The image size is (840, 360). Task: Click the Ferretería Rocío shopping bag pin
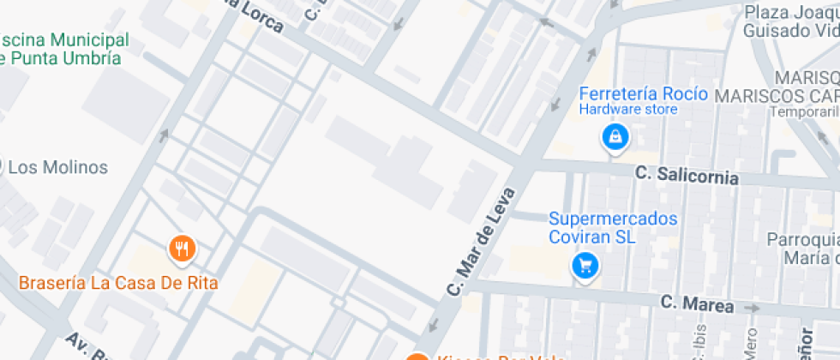pos(615,136)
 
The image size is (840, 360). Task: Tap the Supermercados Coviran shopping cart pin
pos(585,266)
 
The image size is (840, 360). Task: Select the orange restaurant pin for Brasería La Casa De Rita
pos(182,249)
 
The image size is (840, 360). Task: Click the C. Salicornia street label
pos(687,176)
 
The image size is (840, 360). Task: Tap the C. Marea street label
pos(697,303)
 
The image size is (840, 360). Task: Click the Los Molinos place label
pos(57,167)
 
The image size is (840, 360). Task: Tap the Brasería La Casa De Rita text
pos(118,283)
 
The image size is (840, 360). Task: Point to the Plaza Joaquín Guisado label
pos(789,21)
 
